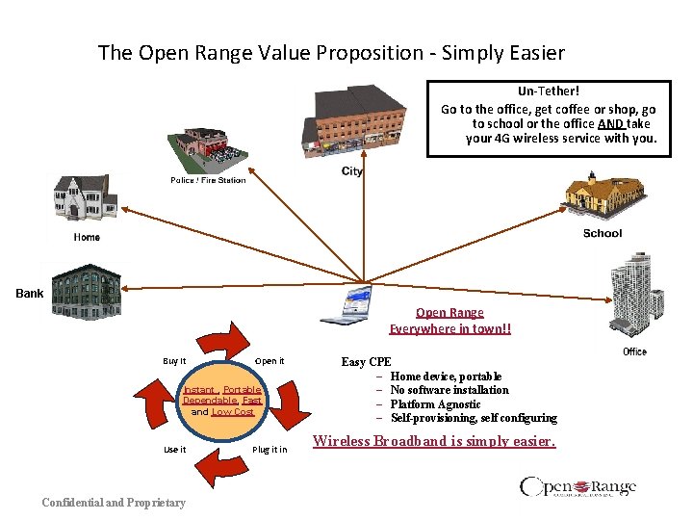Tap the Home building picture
point(86,199)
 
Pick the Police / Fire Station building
point(202,150)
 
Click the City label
point(352,171)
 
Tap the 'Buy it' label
point(174,361)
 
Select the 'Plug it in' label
point(269,450)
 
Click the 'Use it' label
point(174,450)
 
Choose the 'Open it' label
point(269,361)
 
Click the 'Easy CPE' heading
point(367,362)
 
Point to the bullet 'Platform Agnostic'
point(435,404)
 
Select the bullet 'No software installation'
point(449,390)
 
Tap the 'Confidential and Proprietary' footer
point(114,502)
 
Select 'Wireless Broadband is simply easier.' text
point(434,442)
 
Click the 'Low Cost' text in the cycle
point(233,411)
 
